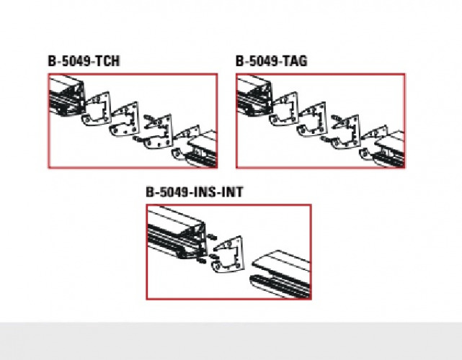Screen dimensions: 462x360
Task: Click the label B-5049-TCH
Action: [x=84, y=61]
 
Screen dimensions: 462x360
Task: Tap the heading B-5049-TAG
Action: [x=272, y=61]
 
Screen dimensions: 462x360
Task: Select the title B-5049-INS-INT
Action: [x=195, y=192]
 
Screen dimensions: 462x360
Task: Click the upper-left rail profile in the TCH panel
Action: [x=66, y=95]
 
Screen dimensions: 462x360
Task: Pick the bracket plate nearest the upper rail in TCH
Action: [x=97, y=108]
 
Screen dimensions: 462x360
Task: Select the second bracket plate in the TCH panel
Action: [x=125, y=120]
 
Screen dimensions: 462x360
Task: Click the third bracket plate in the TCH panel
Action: [x=159, y=132]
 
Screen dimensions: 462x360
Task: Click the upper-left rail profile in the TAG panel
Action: [x=254, y=95]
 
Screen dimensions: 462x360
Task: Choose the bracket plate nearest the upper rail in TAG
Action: [x=284, y=108]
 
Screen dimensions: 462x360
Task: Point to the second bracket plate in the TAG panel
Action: [x=312, y=120]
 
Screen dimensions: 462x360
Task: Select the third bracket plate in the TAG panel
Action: [x=346, y=132]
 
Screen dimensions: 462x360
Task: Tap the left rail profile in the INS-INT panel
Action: [x=177, y=233]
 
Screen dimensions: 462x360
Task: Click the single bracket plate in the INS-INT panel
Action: [x=228, y=254]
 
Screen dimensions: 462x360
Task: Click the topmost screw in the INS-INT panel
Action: [x=212, y=237]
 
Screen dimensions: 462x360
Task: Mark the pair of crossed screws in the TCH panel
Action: [x=150, y=121]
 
